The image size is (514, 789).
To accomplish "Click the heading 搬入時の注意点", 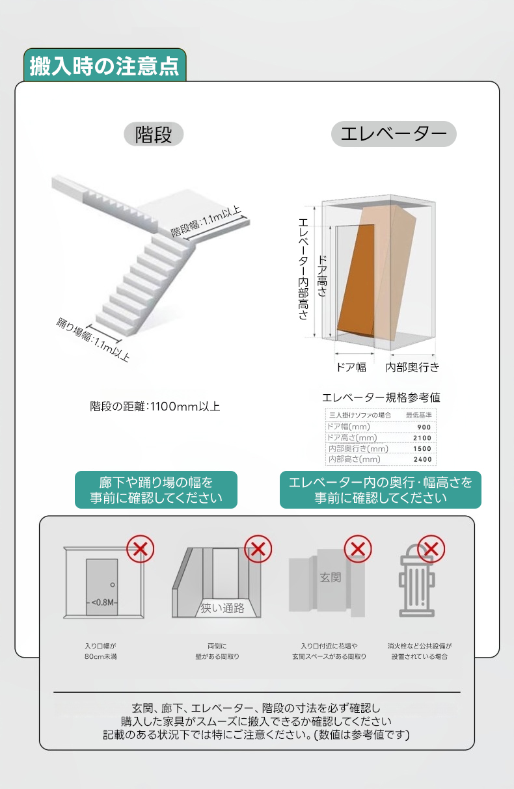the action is pos(104,66).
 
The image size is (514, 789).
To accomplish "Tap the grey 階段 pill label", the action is pos(154,134).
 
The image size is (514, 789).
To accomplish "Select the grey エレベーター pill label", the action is pos(394,134).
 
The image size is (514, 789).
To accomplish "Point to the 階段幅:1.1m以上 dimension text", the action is pos(206,221).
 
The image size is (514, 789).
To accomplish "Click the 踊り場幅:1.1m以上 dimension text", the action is pos(93,340).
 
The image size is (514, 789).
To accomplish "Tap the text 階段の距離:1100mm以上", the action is pos(155,407).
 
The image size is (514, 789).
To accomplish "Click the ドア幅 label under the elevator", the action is pos(351,368).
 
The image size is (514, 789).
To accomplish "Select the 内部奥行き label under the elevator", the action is pos(413,368).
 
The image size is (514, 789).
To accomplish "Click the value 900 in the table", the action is pos(424,427).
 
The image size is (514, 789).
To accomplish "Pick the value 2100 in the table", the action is pos(422,438).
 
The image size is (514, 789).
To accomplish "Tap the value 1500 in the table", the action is pos(422,448).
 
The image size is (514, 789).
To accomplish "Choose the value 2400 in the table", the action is pos(422,459).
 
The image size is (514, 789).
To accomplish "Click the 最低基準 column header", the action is pos(419,415).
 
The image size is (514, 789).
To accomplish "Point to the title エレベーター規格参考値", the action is pos(381,397).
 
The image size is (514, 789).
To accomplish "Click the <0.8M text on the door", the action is pos(102,602).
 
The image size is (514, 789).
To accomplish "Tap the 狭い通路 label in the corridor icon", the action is pos(223,608).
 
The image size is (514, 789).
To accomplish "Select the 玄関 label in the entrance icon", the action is pos(330,578).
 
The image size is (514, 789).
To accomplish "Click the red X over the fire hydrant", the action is pos(431,549).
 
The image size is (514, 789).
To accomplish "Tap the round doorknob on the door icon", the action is pos(113,585).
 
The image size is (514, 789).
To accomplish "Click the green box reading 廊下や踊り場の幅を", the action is pos(156,490).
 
